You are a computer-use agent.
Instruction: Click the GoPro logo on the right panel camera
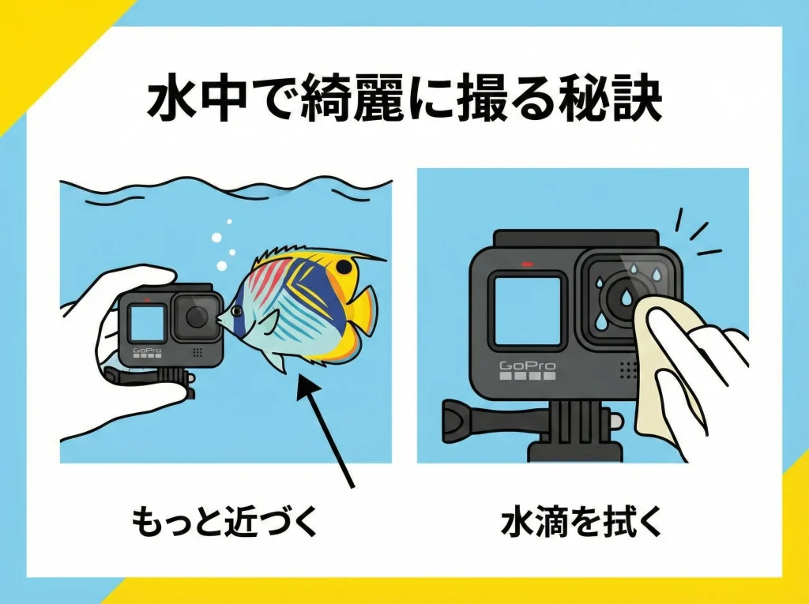click(528, 366)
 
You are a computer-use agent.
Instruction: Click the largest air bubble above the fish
click(216, 237)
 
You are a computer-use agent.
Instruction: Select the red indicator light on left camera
click(148, 300)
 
